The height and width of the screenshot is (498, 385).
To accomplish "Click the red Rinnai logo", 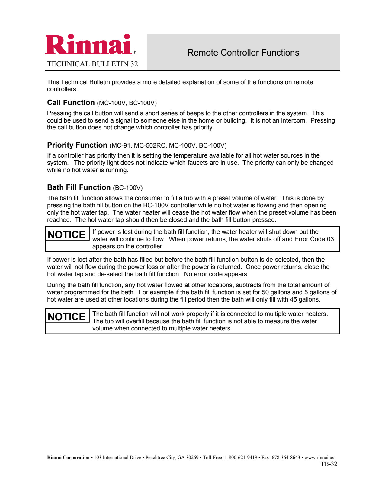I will (89, 44).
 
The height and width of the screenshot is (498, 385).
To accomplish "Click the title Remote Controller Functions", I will (243, 53).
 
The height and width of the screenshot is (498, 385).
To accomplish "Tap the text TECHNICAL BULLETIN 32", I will (92, 64).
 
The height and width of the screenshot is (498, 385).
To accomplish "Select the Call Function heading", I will (71, 103).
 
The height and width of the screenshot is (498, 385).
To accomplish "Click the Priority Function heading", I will (77, 145).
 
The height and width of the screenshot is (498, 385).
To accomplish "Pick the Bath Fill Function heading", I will (79, 187).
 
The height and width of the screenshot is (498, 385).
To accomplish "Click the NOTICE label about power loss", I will (67, 235).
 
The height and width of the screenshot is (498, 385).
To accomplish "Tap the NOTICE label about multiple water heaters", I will (67, 317).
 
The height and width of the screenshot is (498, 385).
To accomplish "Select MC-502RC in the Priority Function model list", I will (150, 145).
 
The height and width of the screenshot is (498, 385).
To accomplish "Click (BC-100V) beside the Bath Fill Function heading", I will (128, 188).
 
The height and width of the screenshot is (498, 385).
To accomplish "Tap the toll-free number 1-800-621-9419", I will (241, 458).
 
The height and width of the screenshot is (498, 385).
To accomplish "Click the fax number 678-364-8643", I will (286, 458).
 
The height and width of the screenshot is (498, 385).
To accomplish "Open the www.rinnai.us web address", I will (319, 458).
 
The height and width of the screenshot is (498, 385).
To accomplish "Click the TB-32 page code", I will (329, 464).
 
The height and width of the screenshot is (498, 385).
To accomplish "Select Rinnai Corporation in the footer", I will (68, 458).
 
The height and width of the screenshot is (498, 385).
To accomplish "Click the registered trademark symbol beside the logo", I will (134, 52).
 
